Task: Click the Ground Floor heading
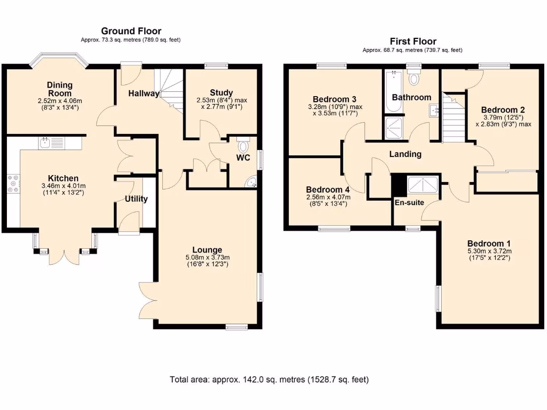coord(131,31)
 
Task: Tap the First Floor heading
coord(413,41)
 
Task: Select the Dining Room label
coord(59,89)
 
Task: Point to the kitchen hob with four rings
coord(13,184)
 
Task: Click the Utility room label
coord(136,199)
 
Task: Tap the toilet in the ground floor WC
coord(244,145)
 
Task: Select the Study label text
coord(221,93)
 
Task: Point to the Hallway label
coord(143,94)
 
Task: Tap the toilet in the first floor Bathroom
coord(414,78)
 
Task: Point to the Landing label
coord(405,154)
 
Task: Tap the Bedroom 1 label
coord(489,241)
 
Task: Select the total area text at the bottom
coord(269,380)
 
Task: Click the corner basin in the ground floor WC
coord(251,183)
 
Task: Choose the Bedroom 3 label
coord(334,99)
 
